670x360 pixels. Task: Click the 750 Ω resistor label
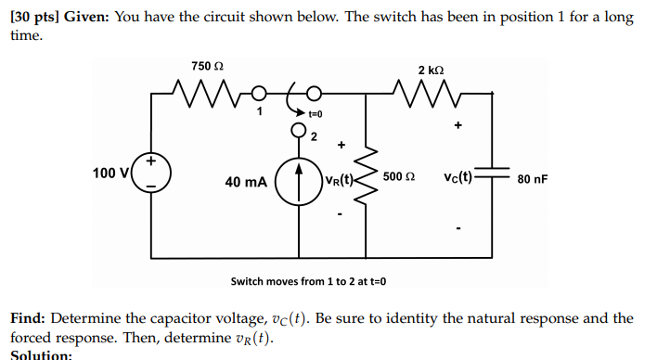point(207,66)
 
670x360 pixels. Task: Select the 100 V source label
point(110,173)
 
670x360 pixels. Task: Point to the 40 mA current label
point(244,182)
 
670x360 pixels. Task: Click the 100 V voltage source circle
point(152,174)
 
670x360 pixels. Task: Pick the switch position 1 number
point(261,111)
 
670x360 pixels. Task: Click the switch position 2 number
point(313,138)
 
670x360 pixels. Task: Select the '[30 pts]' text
point(33,19)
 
